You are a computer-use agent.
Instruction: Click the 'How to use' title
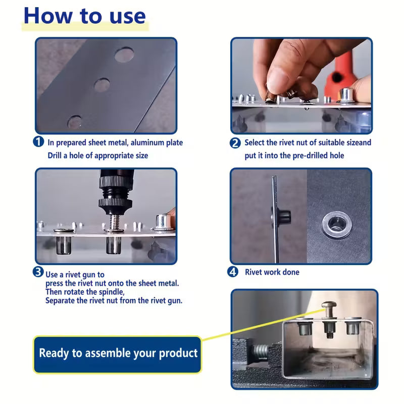pos(85,16)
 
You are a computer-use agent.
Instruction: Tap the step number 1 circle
pos(38,142)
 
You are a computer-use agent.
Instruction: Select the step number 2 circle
pos(235,143)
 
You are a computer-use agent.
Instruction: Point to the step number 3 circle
pos(38,272)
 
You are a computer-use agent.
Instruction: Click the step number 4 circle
pos(233,272)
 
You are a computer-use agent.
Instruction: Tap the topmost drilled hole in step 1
pos(124,55)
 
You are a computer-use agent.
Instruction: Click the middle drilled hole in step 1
pos(102,85)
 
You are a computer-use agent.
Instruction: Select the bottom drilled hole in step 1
pos(74,122)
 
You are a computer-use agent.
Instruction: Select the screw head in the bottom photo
pos(329,305)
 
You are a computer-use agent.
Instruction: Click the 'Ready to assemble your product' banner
pos(118,355)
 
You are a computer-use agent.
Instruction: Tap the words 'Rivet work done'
pos(272,272)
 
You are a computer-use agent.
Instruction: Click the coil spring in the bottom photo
pos(261,352)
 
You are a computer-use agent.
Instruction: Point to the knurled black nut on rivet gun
pos(116,203)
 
